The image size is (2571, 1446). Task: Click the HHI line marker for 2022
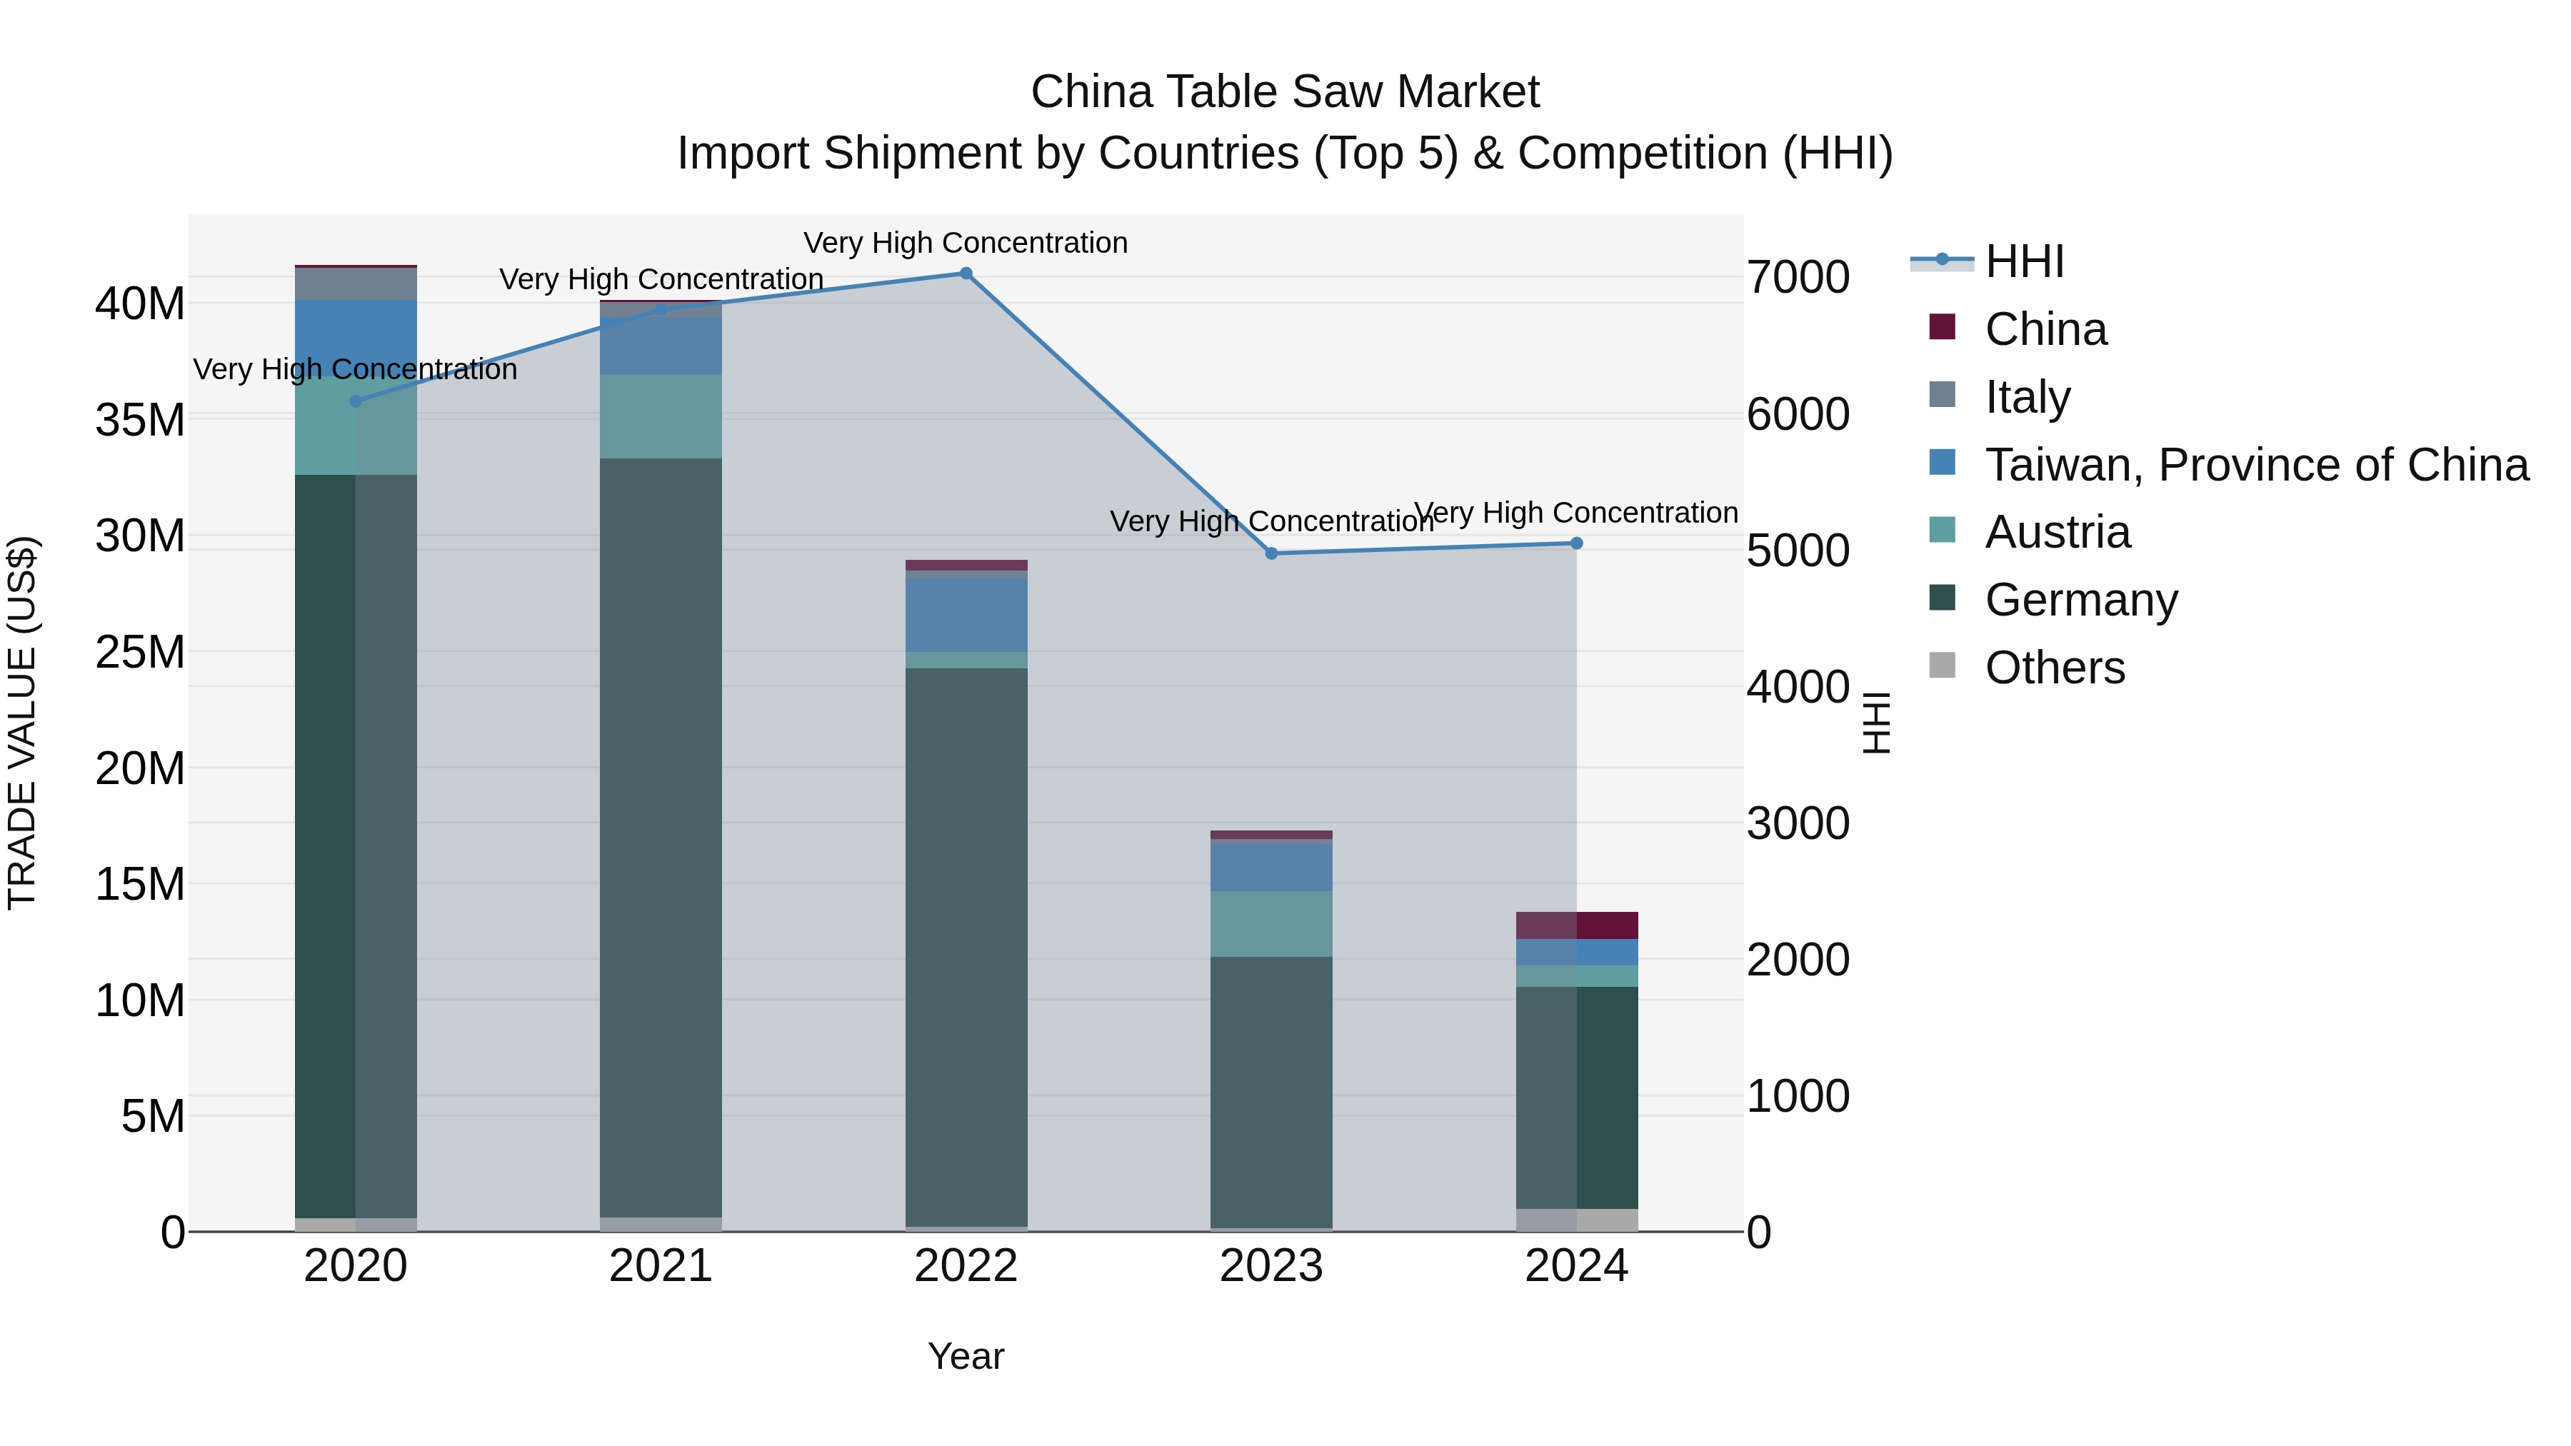pyautogui.click(x=965, y=273)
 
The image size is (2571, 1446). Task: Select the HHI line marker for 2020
pyautogui.click(x=356, y=401)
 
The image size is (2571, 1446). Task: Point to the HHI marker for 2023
pyautogui.click(x=1271, y=554)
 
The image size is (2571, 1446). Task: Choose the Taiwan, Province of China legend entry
pyautogui.click(x=2255, y=465)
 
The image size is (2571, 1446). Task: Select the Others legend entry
pyautogui.click(x=2054, y=668)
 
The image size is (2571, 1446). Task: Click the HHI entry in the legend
pyautogui.click(x=2024, y=261)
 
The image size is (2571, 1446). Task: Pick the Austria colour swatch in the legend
pyautogui.click(x=1943, y=530)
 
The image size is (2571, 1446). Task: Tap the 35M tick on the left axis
pyautogui.click(x=140, y=420)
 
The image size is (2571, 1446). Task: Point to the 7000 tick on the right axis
pyautogui.click(x=1798, y=278)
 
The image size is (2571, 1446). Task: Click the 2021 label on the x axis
pyautogui.click(x=661, y=1266)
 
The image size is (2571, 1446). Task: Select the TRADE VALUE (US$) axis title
pyautogui.click(x=23, y=723)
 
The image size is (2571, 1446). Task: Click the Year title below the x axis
pyautogui.click(x=965, y=1356)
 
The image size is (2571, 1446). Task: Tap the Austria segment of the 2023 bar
pyautogui.click(x=1271, y=924)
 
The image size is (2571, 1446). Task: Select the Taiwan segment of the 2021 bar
pyautogui.click(x=661, y=346)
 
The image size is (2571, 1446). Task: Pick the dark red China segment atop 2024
pyautogui.click(x=1606, y=925)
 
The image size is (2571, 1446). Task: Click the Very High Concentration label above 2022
pyautogui.click(x=965, y=243)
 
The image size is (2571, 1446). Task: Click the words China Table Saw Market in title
pyautogui.click(x=1285, y=92)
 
